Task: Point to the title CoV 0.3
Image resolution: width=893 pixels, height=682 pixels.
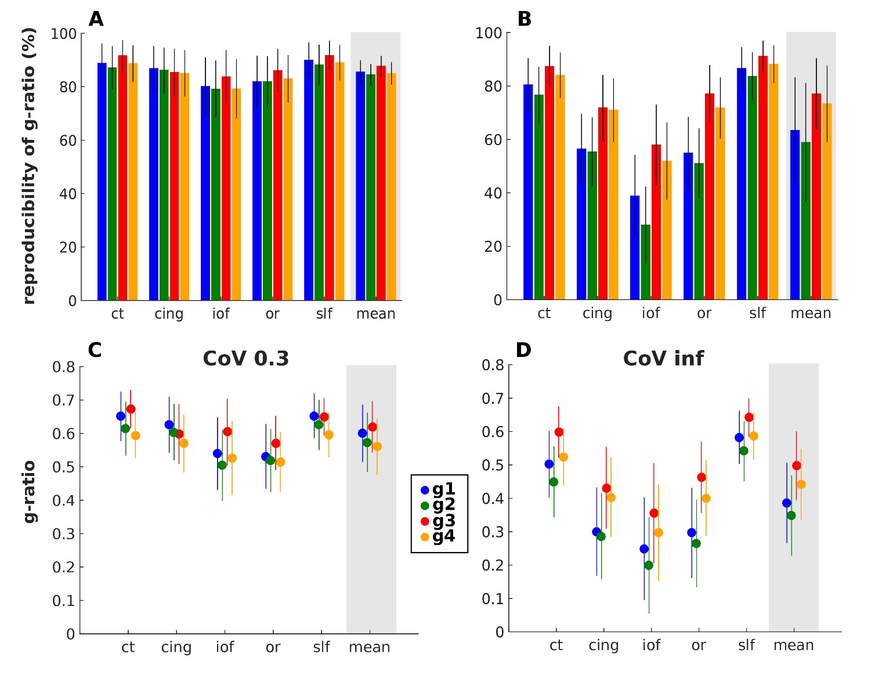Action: click(x=246, y=359)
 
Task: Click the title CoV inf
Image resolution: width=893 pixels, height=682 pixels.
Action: click(x=663, y=359)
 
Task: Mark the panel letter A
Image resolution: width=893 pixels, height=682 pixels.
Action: click(x=96, y=19)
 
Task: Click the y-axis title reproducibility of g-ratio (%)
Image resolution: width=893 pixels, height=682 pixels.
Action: click(x=29, y=165)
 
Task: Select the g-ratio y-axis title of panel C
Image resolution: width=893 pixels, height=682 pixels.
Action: click(x=29, y=492)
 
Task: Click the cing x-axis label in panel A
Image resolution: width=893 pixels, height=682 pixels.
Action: click(x=169, y=314)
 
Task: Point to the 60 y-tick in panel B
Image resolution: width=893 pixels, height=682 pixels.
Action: click(x=493, y=140)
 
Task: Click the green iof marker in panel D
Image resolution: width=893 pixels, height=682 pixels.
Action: click(x=649, y=565)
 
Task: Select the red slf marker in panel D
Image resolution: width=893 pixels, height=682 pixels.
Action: click(x=749, y=417)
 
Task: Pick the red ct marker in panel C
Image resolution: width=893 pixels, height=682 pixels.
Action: click(x=131, y=409)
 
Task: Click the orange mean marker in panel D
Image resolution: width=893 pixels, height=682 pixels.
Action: click(x=801, y=484)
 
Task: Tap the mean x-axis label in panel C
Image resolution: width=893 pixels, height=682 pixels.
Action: click(x=369, y=647)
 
